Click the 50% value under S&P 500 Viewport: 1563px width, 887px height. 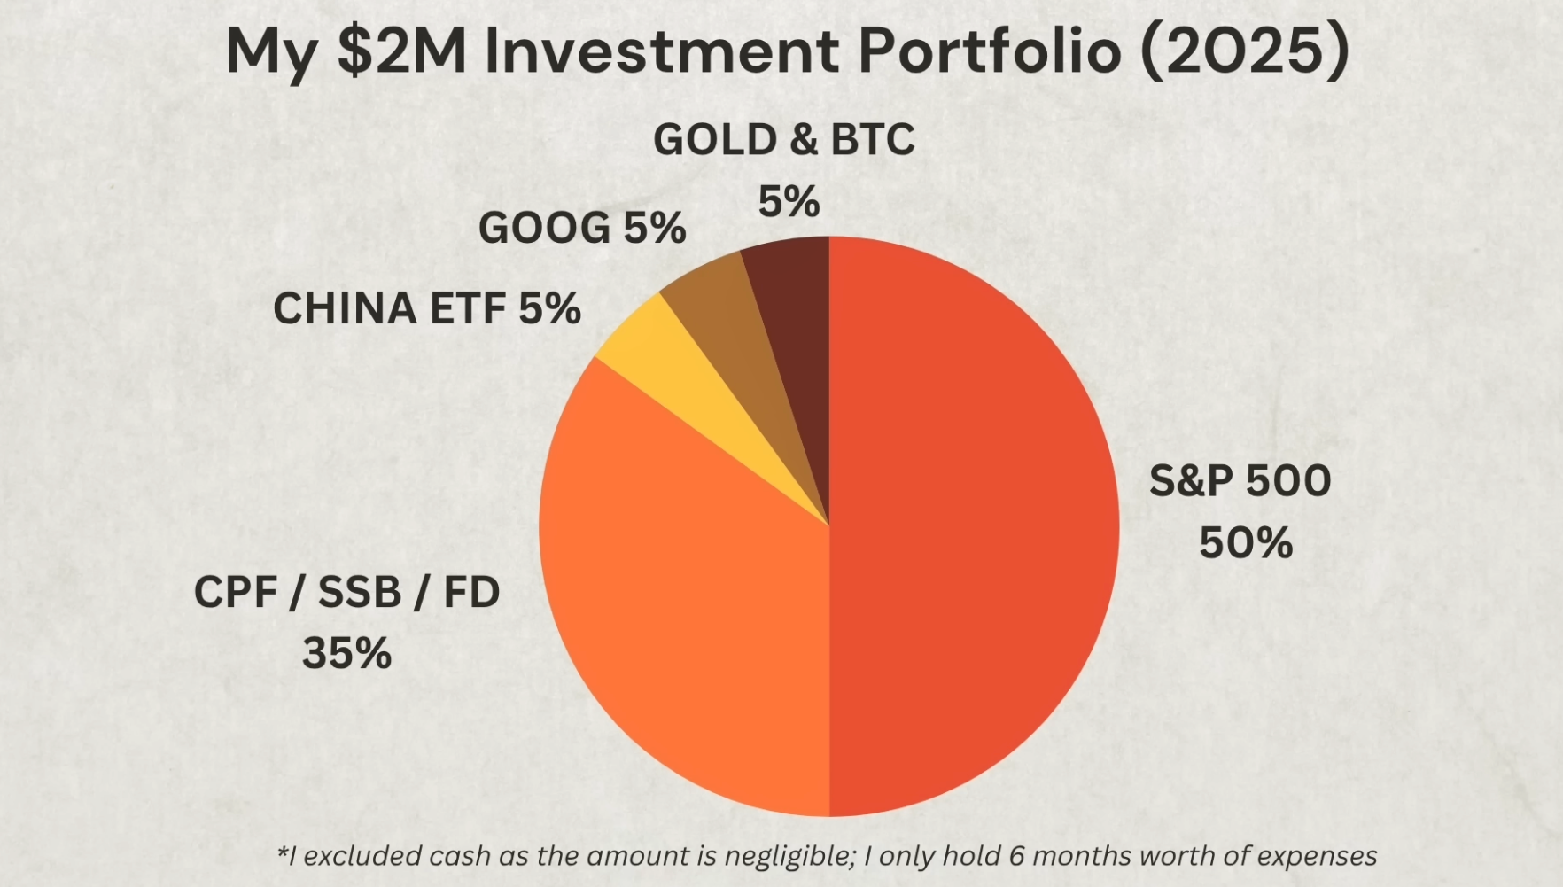coord(1246,543)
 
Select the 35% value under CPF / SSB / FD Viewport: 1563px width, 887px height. coord(346,654)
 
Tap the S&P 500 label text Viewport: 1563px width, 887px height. coord(1240,481)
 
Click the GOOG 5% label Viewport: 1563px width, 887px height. coord(582,229)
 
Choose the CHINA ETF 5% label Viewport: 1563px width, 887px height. coord(426,309)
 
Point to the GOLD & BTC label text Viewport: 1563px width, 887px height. coord(784,140)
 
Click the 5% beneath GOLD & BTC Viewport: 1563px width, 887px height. coord(789,201)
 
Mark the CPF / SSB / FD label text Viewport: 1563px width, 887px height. coord(346,592)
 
